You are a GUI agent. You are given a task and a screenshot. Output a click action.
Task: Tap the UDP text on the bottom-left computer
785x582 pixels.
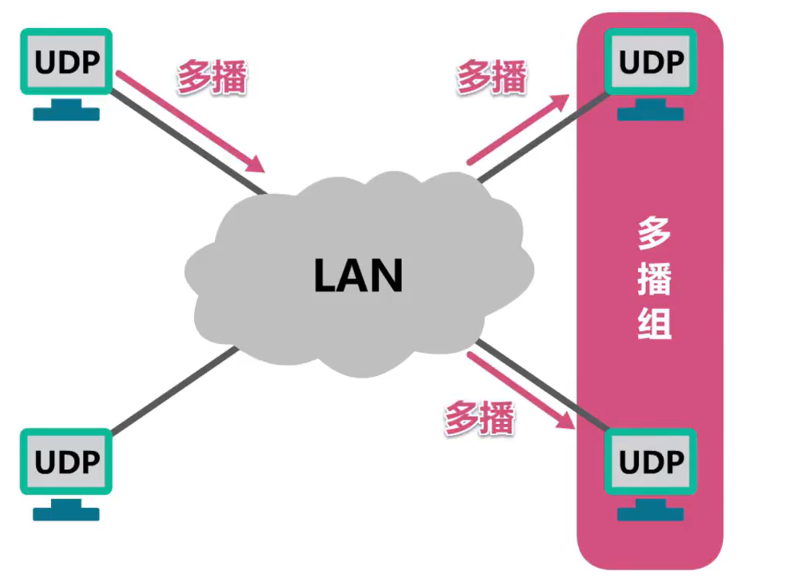tap(66, 462)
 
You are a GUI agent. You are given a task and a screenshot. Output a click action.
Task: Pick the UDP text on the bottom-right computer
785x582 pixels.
tap(652, 462)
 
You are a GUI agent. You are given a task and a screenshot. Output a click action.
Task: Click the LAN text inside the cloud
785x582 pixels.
tap(358, 275)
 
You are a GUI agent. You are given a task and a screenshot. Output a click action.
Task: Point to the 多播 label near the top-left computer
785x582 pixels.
tap(212, 77)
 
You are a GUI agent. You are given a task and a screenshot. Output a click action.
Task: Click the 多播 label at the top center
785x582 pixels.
tap(491, 77)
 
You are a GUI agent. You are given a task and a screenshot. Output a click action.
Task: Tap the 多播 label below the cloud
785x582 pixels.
tap(479, 418)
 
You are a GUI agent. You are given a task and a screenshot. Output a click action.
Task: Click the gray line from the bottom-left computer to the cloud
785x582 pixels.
tap(172, 391)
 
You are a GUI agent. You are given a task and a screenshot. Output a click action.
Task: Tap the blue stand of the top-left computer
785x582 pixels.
tap(66, 110)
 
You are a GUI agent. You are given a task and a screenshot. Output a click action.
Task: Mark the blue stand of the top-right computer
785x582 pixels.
tap(652, 110)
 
